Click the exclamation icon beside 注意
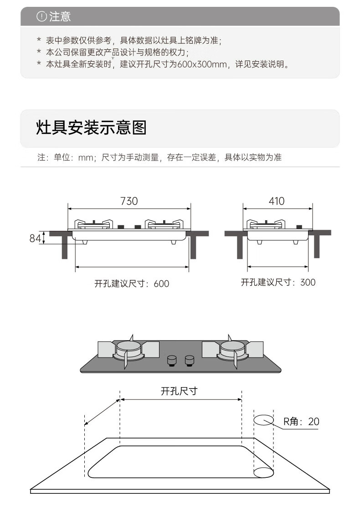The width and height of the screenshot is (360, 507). (41, 16)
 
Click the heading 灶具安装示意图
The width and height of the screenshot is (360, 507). (92, 127)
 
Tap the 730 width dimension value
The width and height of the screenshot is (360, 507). (129, 201)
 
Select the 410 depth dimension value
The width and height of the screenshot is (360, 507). (277, 201)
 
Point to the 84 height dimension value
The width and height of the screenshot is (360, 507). (35, 238)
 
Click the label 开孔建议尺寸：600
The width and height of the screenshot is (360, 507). (132, 284)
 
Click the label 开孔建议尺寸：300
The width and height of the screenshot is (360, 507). (278, 282)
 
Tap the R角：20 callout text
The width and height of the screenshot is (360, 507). (301, 421)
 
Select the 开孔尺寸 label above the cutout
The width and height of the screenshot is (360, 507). (179, 391)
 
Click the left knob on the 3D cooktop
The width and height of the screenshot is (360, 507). (172, 360)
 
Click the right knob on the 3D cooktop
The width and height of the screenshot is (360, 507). (190, 360)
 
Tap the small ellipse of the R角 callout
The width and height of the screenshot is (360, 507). (264, 420)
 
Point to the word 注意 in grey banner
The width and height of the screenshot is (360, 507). (60, 16)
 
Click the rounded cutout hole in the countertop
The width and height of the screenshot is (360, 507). (181, 462)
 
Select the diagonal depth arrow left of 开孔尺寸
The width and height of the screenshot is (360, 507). (102, 412)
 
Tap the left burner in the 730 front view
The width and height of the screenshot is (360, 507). (94, 224)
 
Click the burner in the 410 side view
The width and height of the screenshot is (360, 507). (266, 224)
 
